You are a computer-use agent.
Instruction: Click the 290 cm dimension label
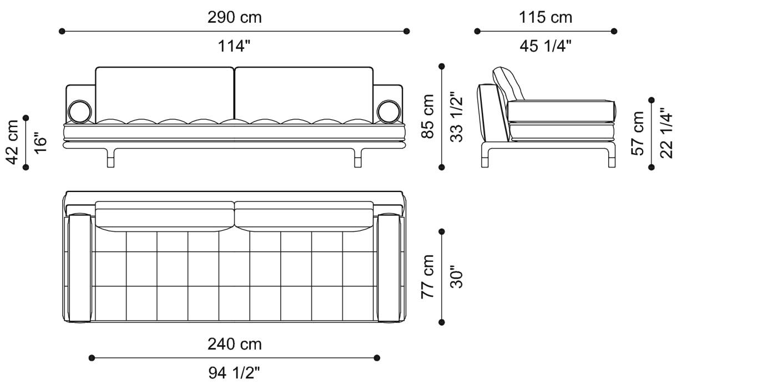234,17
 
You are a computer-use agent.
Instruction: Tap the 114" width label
234,47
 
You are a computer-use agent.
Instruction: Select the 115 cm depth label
545,17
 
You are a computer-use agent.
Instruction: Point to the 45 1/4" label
545,47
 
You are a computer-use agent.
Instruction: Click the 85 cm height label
428,117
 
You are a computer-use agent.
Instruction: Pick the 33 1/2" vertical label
457,117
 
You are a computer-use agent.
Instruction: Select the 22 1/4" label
666,133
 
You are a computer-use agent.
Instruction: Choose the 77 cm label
428,276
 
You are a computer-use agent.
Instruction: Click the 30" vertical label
457,276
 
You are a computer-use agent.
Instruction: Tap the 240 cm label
234,344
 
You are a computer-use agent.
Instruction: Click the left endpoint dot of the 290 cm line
62,32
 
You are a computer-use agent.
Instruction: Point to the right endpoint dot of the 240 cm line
377,358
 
